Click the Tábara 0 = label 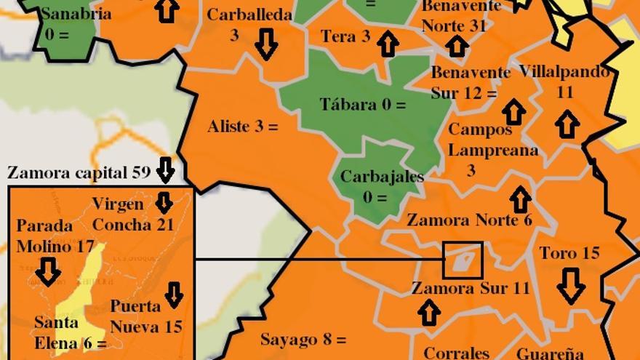tap(362, 105)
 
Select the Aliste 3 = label tap(243, 127)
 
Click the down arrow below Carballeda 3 tap(266, 46)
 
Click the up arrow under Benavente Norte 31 tap(457, 46)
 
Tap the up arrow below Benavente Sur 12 tap(514, 111)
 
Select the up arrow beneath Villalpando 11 tap(567, 123)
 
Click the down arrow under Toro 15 tap(571, 285)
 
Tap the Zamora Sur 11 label tap(471, 288)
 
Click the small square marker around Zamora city tap(463, 260)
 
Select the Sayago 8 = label tap(303, 340)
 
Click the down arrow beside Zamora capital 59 tap(166, 169)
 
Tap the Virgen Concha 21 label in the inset tap(134, 214)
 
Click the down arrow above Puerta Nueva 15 tap(173, 294)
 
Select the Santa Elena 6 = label tap(71, 332)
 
